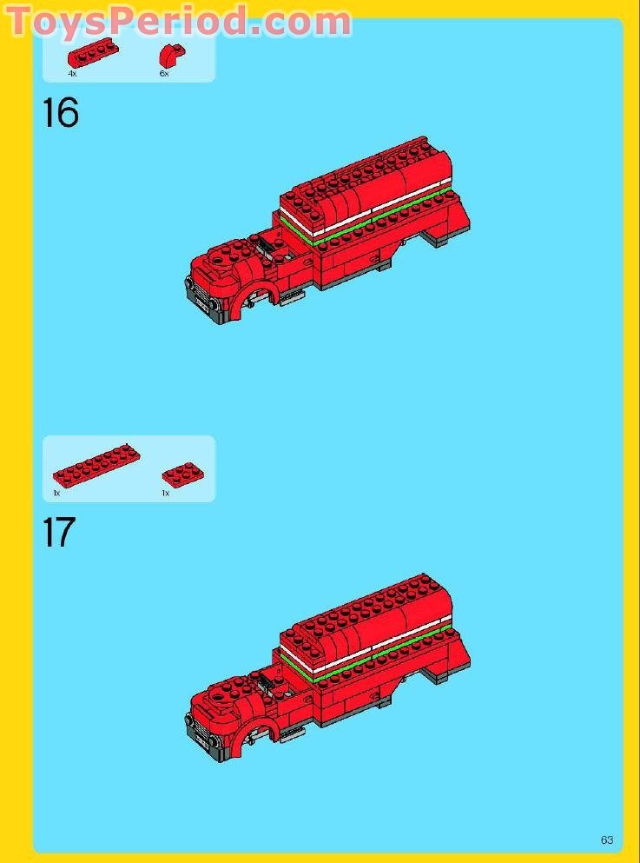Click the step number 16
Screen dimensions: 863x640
tap(61, 114)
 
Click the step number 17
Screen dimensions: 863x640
tap(59, 533)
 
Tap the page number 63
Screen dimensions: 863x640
tap(606, 840)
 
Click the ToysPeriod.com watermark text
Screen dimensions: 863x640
tap(178, 20)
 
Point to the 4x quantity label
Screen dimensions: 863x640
tap(72, 75)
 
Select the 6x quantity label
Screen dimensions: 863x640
tap(163, 75)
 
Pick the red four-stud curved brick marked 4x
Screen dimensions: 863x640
tap(93, 55)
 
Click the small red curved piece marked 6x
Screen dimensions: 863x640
tap(168, 56)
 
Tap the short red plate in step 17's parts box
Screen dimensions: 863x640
tap(183, 474)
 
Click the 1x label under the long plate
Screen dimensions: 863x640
tap(56, 493)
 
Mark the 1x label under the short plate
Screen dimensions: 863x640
tap(165, 493)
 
